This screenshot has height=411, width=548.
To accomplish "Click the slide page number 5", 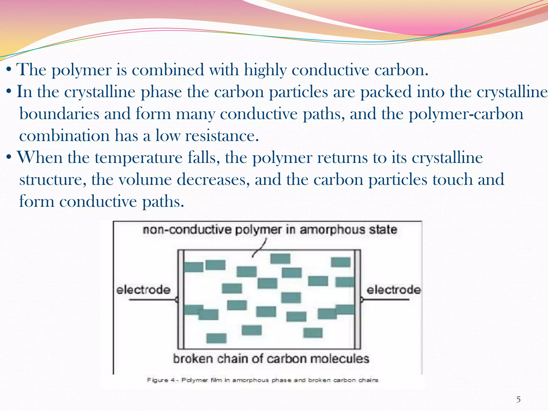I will (518, 399).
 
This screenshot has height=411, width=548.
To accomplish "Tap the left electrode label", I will (143, 290).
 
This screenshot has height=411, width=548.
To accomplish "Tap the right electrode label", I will (394, 290).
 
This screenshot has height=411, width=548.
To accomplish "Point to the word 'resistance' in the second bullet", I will (222, 135).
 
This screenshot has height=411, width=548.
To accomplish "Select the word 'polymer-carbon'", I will (466, 114).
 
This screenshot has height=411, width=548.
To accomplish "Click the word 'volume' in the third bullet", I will (145, 179).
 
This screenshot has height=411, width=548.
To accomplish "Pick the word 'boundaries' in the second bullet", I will (59, 114).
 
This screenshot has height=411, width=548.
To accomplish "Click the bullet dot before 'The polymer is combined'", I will (9, 70).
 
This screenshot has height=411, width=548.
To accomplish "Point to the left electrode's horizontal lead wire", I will (152, 300).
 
